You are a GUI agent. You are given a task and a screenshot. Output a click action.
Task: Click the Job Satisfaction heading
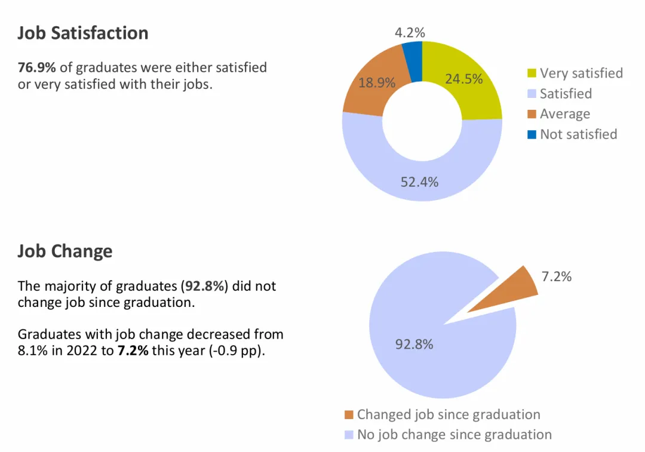click(82, 33)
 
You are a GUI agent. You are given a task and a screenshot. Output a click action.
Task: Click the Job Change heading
click(64, 251)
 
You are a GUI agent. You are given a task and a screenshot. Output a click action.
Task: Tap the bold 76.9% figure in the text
click(37, 67)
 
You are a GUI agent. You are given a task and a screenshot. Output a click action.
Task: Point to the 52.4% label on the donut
click(419, 182)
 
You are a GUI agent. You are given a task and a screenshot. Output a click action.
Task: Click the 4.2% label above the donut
click(410, 33)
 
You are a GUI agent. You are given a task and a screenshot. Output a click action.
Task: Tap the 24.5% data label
click(463, 79)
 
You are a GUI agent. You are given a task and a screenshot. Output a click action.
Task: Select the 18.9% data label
click(377, 83)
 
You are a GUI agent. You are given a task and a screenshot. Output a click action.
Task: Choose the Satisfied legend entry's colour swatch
click(532, 94)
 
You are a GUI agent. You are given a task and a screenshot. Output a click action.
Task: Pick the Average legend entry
click(564, 114)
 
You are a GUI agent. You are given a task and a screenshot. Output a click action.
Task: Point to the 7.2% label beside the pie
click(556, 276)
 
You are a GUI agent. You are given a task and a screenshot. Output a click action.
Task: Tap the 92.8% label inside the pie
click(414, 345)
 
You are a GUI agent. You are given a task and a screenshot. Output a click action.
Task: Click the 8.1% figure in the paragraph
click(30, 350)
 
